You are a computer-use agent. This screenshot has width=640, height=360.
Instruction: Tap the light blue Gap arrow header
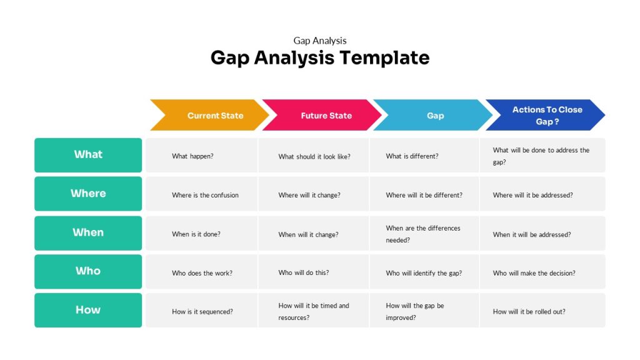pyautogui.click(x=433, y=116)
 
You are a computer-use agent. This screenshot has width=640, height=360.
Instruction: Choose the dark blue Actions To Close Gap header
pyautogui.click(x=545, y=116)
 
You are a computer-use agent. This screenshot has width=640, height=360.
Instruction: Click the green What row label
pyautogui.click(x=88, y=155)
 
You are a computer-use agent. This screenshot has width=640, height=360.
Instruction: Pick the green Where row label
pyautogui.click(x=88, y=194)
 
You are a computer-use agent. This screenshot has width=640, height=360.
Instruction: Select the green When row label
pyautogui.click(x=88, y=232)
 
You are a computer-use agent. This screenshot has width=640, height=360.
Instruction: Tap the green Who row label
pyautogui.click(x=88, y=271)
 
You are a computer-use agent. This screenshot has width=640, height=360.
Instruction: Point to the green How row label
pyautogui.click(x=88, y=310)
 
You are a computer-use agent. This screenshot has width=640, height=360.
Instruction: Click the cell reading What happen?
pyautogui.click(x=201, y=156)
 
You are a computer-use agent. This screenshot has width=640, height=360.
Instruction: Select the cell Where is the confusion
pyautogui.click(x=201, y=195)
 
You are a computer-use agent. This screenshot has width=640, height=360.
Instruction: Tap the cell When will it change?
pyautogui.click(x=313, y=234)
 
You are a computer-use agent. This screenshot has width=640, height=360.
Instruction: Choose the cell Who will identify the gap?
pyautogui.click(x=424, y=273)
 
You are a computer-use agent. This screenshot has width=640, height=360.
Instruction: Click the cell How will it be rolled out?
pyautogui.click(x=542, y=311)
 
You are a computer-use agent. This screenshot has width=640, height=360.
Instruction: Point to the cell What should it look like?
pyautogui.click(x=313, y=156)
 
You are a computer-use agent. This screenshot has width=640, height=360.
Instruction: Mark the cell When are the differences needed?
pyautogui.click(x=424, y=234)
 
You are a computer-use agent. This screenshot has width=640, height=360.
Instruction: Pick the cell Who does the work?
pyautogui.click(x=201, y=273)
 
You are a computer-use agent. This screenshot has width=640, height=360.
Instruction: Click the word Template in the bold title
pyautogui.click(x=385, y=58)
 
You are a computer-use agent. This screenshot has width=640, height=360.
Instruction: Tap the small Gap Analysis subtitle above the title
pyautogui.click(x=320, y=41)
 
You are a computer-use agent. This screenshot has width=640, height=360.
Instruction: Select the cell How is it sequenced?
pyautogui.click(x=201, y=311)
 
